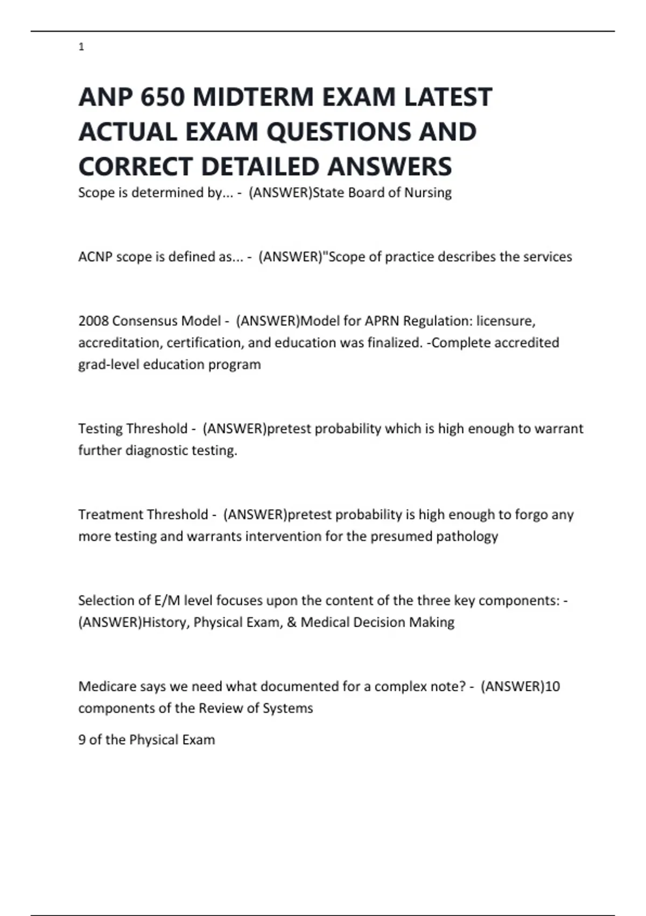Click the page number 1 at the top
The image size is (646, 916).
(x=81, y=47)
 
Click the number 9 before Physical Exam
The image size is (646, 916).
(x=82, y=740)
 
